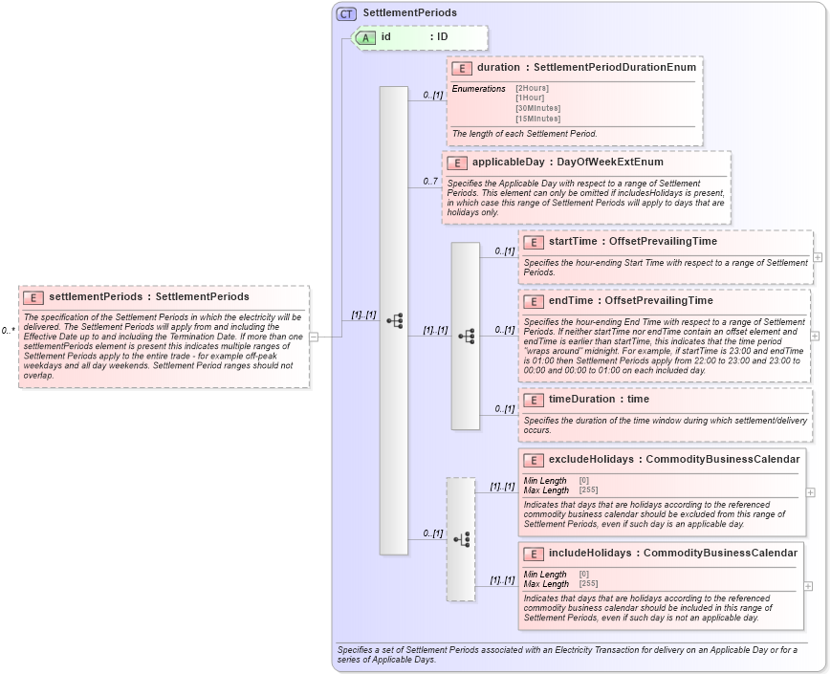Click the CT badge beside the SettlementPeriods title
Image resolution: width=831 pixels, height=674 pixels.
347,13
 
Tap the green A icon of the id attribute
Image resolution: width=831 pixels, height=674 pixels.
365,37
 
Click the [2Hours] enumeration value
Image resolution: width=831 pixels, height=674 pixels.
533,89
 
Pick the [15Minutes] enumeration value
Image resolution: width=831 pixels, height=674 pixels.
537,119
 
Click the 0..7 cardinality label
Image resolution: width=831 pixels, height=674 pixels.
430,182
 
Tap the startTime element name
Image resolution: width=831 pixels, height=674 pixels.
573,242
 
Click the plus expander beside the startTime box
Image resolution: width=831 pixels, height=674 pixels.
818,257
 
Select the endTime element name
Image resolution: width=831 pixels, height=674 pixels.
570,301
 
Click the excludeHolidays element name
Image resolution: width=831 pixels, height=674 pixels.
590,460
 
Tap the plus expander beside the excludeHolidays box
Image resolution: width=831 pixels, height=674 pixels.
810,492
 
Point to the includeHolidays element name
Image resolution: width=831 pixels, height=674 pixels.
589,554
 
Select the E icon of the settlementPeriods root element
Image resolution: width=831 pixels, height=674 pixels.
33,297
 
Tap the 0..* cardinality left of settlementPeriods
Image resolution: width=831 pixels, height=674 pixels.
8,331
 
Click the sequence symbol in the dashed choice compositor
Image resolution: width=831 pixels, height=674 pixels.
461,540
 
